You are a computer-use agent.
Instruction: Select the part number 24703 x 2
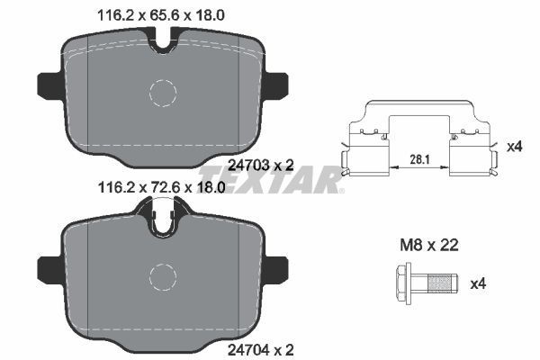pos(259,164)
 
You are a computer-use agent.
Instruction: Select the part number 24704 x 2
pos(259,345)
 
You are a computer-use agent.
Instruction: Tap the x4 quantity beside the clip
pos(514,146)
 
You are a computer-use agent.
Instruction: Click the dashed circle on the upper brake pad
pos(165,93)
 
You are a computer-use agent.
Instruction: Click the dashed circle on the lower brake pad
pos(165,277)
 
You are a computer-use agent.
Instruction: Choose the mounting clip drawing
pos(420,139)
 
